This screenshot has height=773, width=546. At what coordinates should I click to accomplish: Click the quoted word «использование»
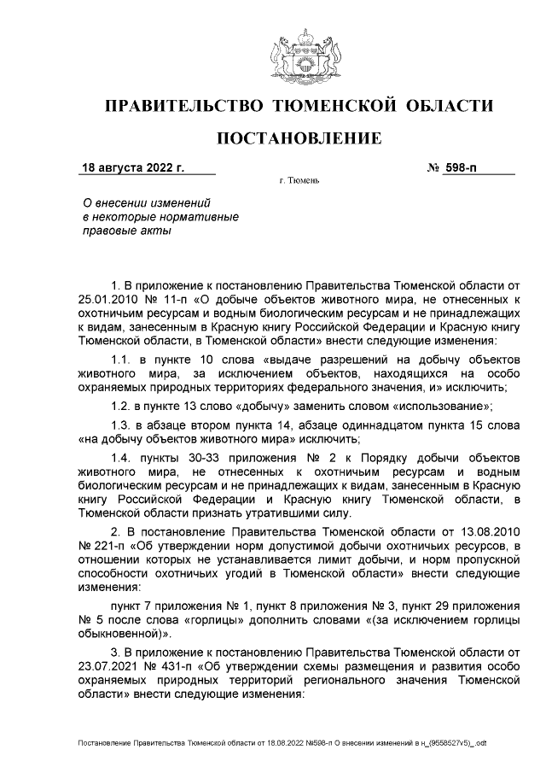(x=448, y=407)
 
